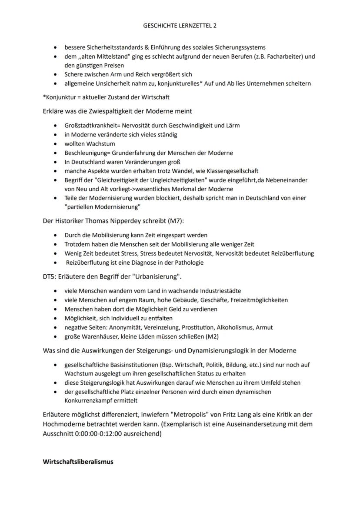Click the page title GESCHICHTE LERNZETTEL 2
coord(180,26)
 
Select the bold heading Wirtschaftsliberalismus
coord(78,462)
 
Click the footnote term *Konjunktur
coord(58,97)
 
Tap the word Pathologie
coord(187,263)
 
